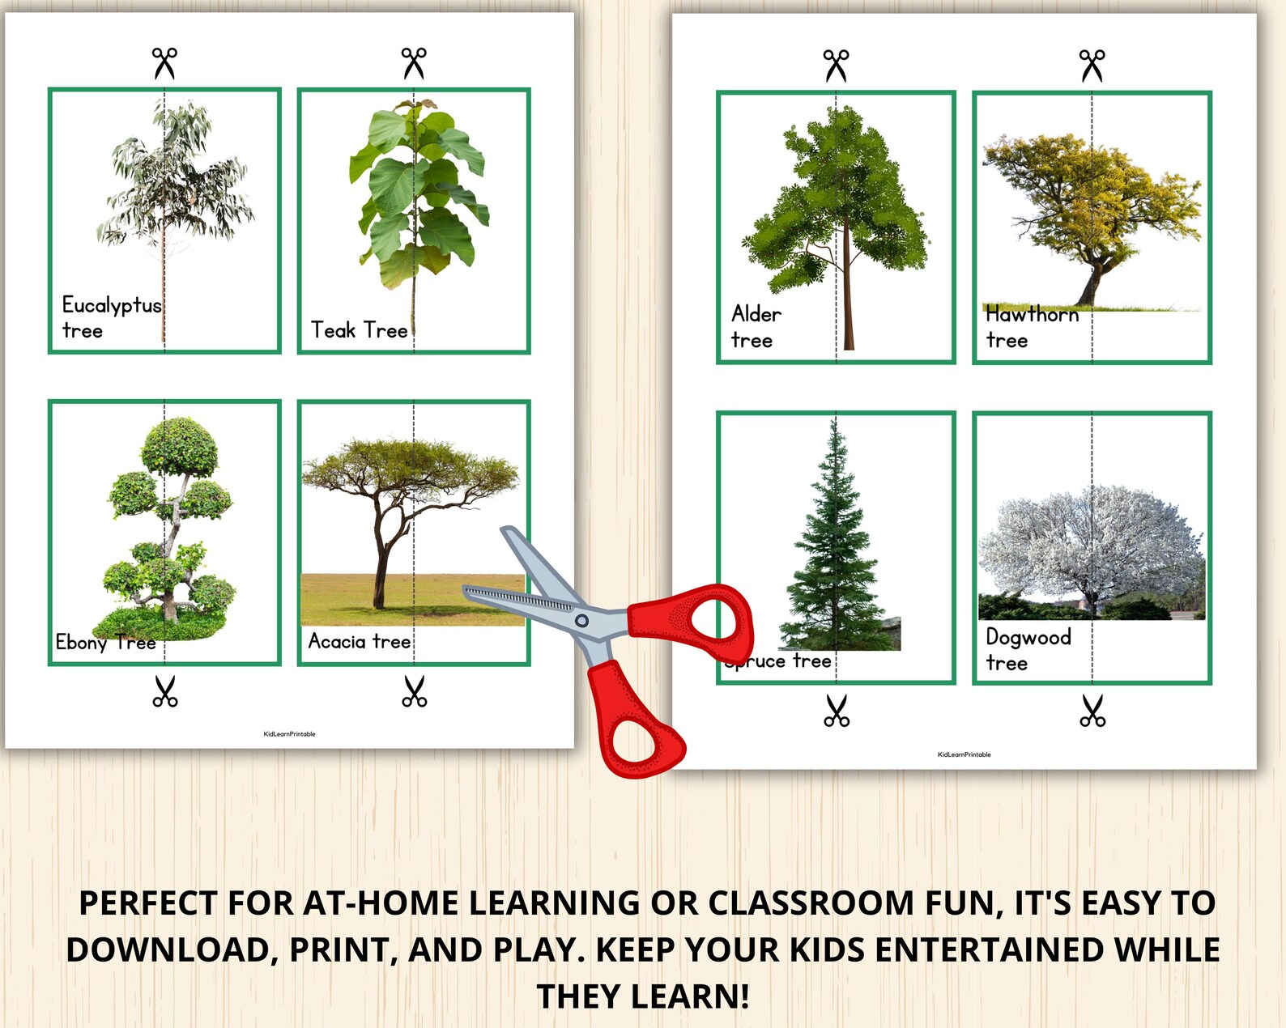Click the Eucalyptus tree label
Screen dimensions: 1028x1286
(x=111, y=317)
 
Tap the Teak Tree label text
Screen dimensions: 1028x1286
(x=359, y=330)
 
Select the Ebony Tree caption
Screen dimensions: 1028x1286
(x=105, y=643)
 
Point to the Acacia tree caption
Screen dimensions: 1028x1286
(x=360, y=642)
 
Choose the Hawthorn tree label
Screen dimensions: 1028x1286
(x=1031, y=327)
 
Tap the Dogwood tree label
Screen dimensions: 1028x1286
(x=1028, y=650)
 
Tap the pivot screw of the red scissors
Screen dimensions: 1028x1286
(x=581, y=621)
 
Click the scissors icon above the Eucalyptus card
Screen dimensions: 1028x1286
(x=164, y=63)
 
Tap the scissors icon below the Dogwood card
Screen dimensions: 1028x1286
(x=1092, y=711)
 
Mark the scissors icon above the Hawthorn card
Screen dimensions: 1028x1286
(x=1092, y=66)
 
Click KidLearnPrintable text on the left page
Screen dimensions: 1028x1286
(x=289, y=734)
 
